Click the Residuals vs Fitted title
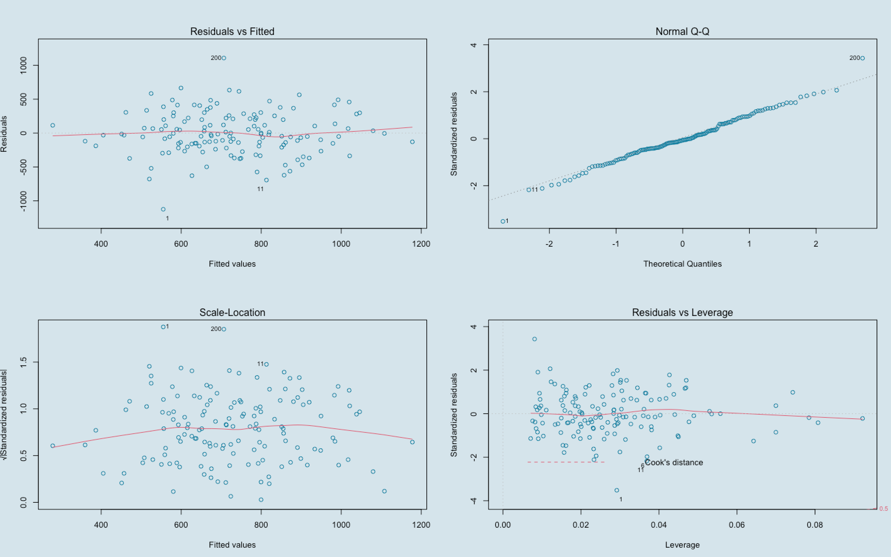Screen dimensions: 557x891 coord(232,31)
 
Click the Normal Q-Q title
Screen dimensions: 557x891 coord(682,31)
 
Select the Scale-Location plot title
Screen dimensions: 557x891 coord(232,313)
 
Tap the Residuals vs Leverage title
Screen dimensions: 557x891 coord(682,313)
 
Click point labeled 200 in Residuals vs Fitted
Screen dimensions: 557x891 coord(224,58)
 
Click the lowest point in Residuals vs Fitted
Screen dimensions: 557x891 coord(163,209)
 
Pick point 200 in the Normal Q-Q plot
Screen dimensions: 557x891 coord(862,58)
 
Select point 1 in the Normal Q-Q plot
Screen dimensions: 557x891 coord(503,221)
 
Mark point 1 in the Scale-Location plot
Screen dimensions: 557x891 coord(163,327)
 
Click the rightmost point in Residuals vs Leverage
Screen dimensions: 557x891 coord(862,418)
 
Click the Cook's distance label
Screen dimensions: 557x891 coord(673,462)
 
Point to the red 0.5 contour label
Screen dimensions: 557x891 coord(883,509)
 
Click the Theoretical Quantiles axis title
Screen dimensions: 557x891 coord(682,264)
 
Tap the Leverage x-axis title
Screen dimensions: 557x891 coord(682,545)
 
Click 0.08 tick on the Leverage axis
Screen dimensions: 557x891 coord(815,525)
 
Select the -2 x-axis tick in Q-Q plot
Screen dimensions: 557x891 coord(549,244)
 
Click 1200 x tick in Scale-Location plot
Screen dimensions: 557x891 coord(421,525)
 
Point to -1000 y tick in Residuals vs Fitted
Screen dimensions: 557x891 coord(23,201)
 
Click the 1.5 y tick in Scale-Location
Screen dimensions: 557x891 coord(23,362)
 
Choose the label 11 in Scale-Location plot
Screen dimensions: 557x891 coord(260,364)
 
